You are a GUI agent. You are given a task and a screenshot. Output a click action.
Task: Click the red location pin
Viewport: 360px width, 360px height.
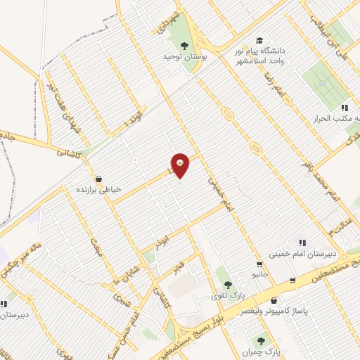pyautogui.click(x=181, y=164)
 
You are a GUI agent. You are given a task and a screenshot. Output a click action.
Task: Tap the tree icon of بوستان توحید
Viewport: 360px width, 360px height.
pyautogui.click(x=184, y=46)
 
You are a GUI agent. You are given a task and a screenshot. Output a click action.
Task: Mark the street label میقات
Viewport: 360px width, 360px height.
pyautogui.click(x=97, y=249)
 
